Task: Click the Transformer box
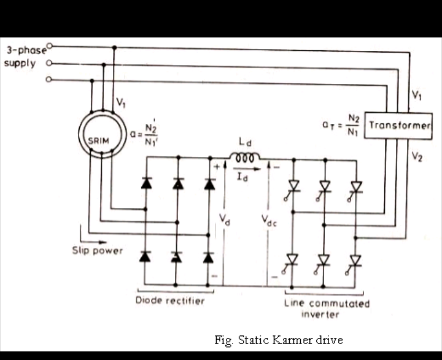click(x=398, y=125)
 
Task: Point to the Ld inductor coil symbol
click(x=244, y=157)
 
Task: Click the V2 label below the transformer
click(x=417, y=157)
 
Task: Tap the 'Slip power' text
click(x=97, y=250)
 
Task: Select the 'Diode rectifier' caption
click(x=170, y=301)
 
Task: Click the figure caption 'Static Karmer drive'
click(x=278, y=339)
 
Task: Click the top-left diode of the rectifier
click(x=146, y=183)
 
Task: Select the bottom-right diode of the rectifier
click(x=209, y=258)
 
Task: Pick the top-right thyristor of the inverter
click(x=355, y=186)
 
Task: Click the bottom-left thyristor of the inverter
click(x=292, y=259)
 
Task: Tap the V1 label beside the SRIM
click(x=122, y=102)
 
